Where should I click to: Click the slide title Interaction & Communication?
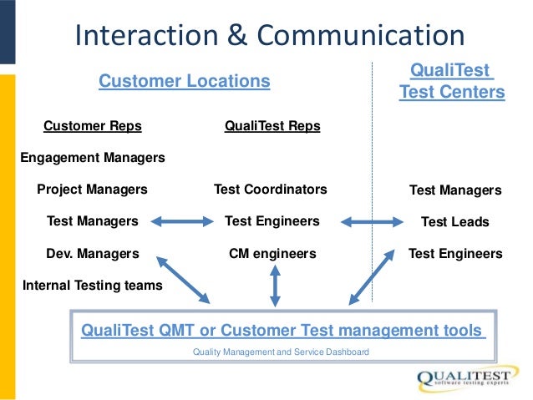(x=269, y=35)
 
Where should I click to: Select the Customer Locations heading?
(x=185, y=81)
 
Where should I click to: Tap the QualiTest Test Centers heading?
(x=452, y=80)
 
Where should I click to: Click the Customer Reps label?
(x=93, y=126)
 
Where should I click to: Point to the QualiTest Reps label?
(x=272, y=126)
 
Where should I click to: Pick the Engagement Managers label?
(x=92, y=157)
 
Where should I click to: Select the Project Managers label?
(x=92, y=190)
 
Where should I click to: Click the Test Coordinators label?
(x=271, y=190)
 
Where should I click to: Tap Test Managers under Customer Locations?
(x=93, y=221)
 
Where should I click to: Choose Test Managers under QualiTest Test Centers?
(x=455, y=190)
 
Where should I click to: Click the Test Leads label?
(x=455, y=222)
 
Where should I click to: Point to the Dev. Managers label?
(x=93, y=253)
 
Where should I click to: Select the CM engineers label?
(x=272, y=253)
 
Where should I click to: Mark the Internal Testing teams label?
(x=93, y=285)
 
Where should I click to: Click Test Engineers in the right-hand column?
(x=455, y=253)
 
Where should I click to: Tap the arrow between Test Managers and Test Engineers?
(x=181, y=221)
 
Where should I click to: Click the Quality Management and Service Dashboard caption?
(x=281, y=352)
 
